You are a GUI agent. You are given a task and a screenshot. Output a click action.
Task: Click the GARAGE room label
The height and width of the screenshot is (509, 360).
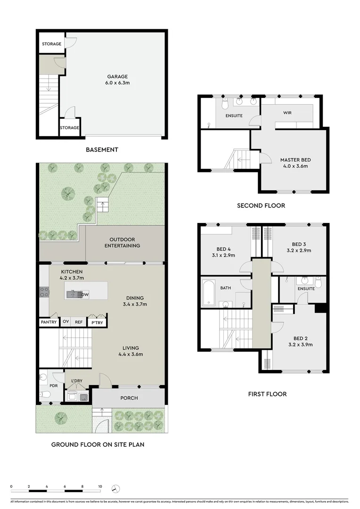[x=117, y=77]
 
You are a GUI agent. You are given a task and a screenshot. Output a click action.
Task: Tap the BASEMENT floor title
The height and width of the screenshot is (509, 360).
[x=102, y=150]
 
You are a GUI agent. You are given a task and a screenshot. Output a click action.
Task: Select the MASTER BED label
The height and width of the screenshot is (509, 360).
[x=295, y=160]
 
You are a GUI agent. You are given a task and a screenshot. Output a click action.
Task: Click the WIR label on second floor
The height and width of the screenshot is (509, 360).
[x=288, y=113]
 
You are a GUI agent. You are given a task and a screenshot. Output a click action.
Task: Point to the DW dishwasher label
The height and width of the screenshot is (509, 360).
[x=85, y=295]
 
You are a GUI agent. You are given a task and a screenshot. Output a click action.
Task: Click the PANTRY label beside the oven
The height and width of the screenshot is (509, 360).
[x=49, y=322]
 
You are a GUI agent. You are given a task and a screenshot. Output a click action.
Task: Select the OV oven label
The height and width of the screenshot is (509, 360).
[x=66, y=322]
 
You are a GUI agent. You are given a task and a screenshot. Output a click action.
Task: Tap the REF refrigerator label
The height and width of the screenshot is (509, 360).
[x=79, y=322]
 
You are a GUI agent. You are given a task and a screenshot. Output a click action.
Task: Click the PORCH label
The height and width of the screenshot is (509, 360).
[x=129, y=398]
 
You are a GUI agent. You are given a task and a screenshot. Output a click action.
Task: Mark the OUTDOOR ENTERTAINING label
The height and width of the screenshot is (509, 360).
[x=122, y=243]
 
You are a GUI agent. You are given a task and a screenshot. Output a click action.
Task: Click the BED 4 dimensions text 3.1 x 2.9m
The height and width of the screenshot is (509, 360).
[x=223, y=255]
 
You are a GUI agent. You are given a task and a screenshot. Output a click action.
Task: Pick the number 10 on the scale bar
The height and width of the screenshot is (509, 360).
[x=100, y=486]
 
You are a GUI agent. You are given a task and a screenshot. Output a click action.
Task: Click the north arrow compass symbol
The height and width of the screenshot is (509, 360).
[x=116, y=489]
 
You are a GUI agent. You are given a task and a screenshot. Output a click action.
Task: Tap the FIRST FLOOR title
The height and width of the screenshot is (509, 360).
[x=268, y=394]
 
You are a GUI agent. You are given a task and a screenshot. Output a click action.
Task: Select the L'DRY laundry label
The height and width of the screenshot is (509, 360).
[x=77, y=381]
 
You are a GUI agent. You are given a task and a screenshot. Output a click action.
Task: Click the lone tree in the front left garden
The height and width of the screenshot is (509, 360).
[x=60, y=417]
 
